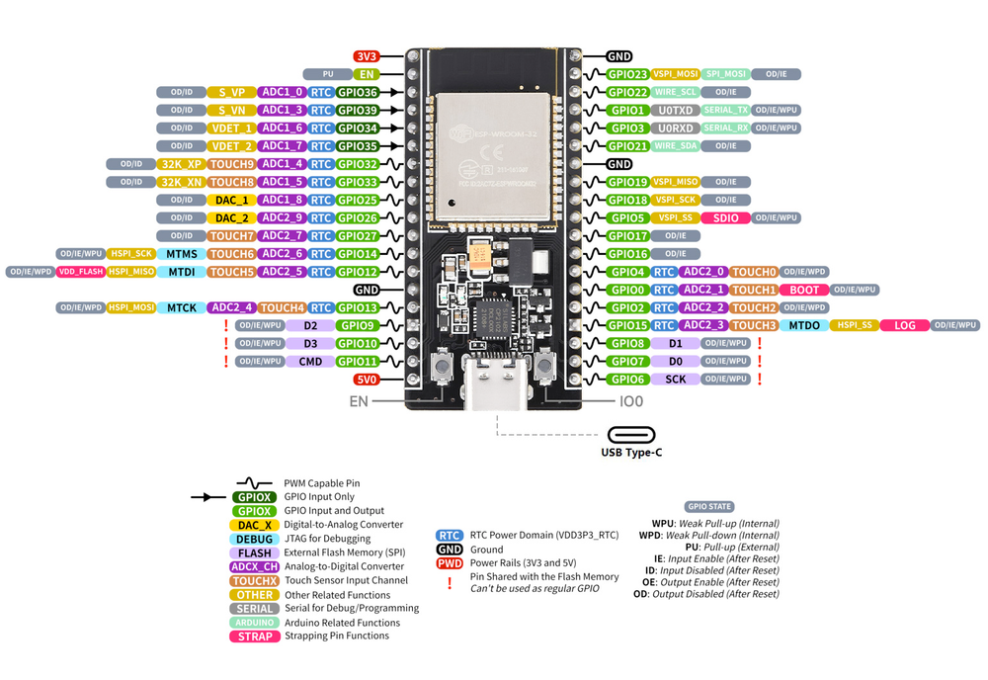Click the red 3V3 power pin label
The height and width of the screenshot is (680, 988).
(367, 56)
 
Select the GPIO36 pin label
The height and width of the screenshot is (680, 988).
(357, 92)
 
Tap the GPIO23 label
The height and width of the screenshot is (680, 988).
(627, 74)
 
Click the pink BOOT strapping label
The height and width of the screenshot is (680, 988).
(804, 290)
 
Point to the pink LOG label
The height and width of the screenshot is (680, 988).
(905, 325)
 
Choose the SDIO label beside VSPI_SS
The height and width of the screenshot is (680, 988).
(724, 217)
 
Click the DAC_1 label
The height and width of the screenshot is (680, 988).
(230, 200)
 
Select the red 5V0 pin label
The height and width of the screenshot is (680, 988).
(367, 380)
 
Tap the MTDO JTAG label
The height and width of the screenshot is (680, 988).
(804, 325)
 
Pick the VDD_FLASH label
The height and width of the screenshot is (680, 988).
(80, 272)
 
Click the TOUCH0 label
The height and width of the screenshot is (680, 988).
(755, 272)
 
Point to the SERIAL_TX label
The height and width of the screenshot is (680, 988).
(726, 110)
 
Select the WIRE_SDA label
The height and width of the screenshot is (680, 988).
(676, 146)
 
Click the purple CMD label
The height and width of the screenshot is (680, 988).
(310, 362)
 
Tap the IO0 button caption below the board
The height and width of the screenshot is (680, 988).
(631, 402)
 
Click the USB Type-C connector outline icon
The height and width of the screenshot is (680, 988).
(631, 435)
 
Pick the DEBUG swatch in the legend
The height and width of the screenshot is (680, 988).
(253, 539)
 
